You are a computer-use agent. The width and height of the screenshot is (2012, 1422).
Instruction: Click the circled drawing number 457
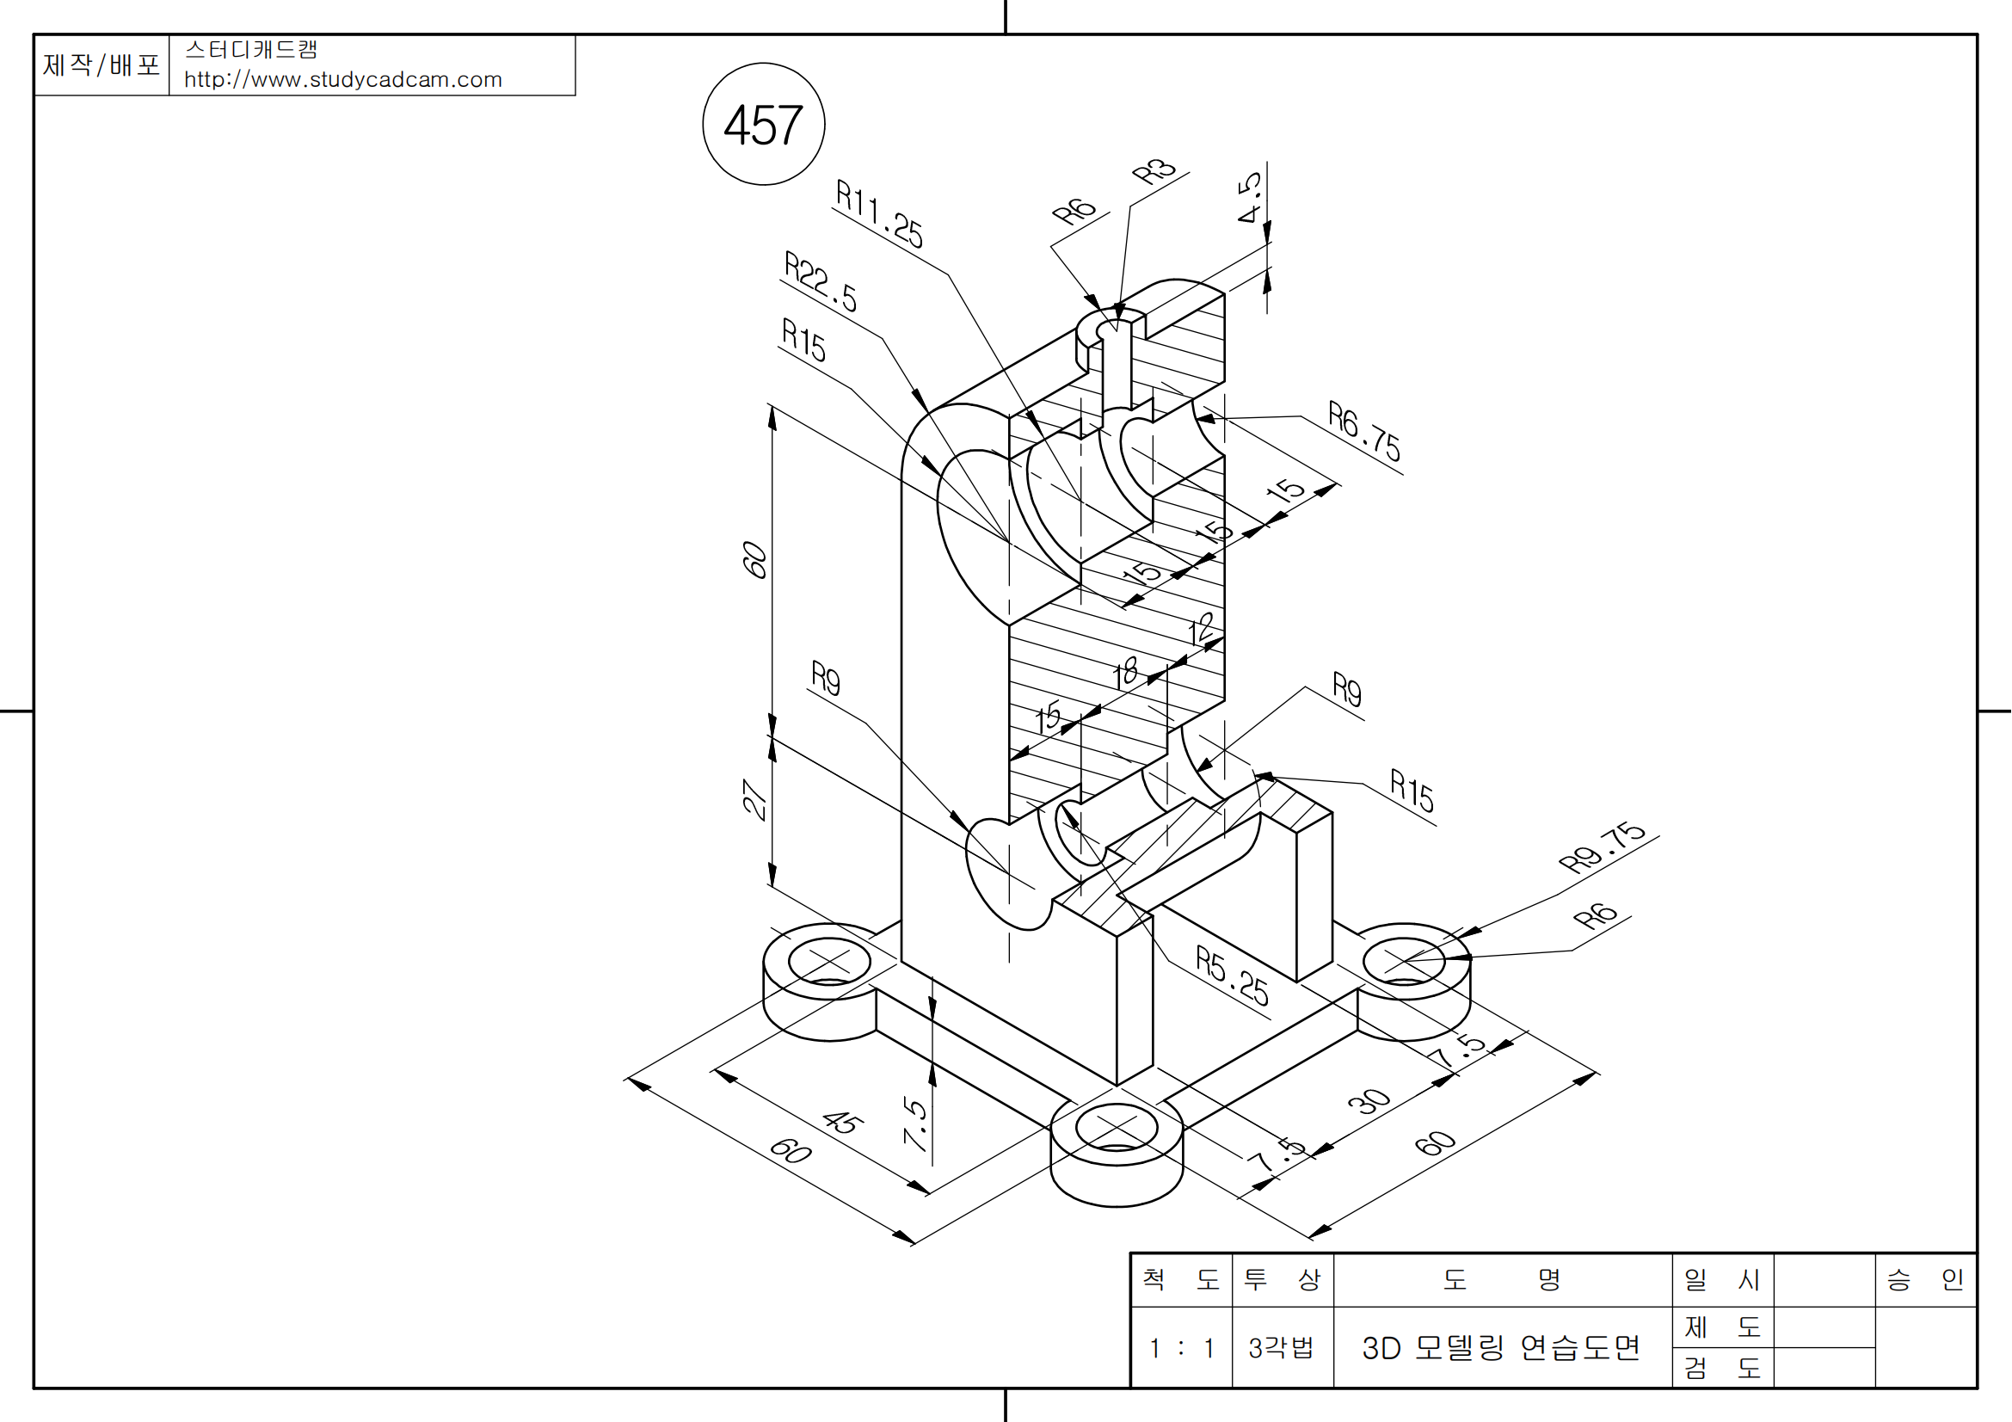pyautogui.click(x=763, y=125)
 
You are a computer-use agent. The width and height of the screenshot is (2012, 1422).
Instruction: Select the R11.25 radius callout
pyautogui.click(x=879, y=214)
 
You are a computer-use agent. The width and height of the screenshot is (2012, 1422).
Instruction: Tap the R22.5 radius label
pyautogui.click(x=821, y=281)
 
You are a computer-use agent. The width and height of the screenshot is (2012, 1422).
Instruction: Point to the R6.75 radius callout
pyautogui.click(x=1363, y=430)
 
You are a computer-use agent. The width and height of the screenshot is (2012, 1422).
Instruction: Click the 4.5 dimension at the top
pyautogui.click(x=1250, y=197)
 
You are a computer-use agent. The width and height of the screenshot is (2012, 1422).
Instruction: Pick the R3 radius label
pyautogui.click(x=1154, y=171)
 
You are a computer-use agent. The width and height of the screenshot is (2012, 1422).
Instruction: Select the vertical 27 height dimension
pyautogui.click(x=754, y=799)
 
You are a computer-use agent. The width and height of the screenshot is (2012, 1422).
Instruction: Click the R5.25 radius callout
pyautogui.click(x=1232, y=976)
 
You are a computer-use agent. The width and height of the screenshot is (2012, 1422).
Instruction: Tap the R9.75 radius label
pyautogui.click(x=1602, y=846)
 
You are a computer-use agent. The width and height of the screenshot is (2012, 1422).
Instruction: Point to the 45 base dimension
pyautogui.click(x=842, y=1122)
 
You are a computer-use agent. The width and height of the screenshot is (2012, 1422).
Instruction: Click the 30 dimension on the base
pyautogui.click(x=1369, y=1101)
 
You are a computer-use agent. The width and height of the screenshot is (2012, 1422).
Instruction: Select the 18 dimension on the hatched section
pyautogui.click(x=1127, y=673)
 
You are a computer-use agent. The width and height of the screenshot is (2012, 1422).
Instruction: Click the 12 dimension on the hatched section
pyautogui.click(x=1202, y=628)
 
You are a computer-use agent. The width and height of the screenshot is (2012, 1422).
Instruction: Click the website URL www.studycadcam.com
pyautogui.click(x=342, y=80)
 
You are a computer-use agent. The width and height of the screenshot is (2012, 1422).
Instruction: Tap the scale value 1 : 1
pyautogui.click(x=1181, y=1347)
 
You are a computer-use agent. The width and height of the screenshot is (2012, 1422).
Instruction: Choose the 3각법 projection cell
pyautogui.click(x=1281, y=1347)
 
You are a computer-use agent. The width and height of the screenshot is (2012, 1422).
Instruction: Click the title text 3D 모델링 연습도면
pyautogui.click(x=1501, y=1347)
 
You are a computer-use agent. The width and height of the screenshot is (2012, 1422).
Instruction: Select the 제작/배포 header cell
pyautogui.click(x=102, y=65)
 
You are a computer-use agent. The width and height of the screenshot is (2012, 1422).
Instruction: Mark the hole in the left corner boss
pyautogui.click(x=828, y=961)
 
